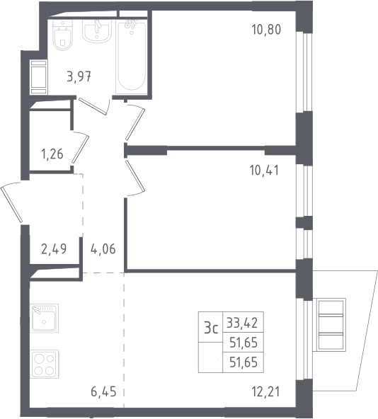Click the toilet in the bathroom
pyautogui.click(x=62, y=35)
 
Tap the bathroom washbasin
pyautogui.click(x=96, y=30)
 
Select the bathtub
pyautogui.click(x=132, y=56)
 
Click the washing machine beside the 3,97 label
pyautogui.click(x=39, y=77)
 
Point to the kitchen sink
pyautogui.click(x=45, y=318)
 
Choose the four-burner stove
pyautogui.click(x=45, y=364)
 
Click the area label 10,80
pyautogui.click(x=266, y=30)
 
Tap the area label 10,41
pyautogui.click(x=264, y=170)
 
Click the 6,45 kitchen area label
pyautogui.click(x=104, y=391)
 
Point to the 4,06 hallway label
pyautogui.click(x=103, y=249)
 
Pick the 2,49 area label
pyautogui.click(x=54, y=249)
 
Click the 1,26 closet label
pyautogui.click(x=52, y=154)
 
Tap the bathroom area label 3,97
pyautogui.click(x=79, y=77)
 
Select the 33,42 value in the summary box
pyautogui.click(x=242, y=323)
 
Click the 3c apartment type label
pyautogui.click(x=211, y=328)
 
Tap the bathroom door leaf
pyautogui.click(x=93, y=106)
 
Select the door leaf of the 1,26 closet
pyautogui.click(x=80, y=149)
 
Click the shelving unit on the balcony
pyautogui.click(x=331, y=324)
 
